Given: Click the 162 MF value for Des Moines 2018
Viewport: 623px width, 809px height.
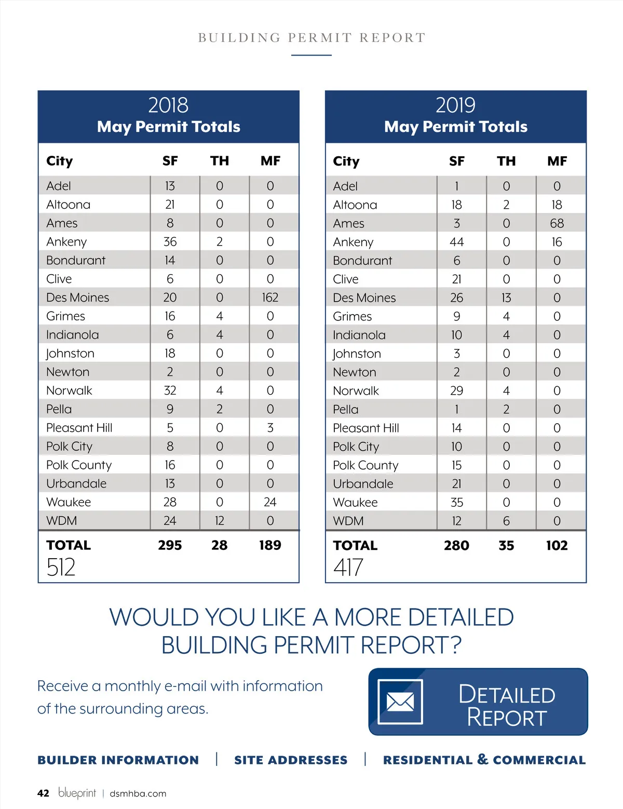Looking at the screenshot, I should tap(270, 298).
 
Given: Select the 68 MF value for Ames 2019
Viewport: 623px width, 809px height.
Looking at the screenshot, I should tap(557, 223).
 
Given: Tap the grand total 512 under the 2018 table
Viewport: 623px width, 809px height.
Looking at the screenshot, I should tap(61, 567).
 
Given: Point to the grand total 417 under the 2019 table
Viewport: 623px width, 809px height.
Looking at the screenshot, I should tap(348, 567).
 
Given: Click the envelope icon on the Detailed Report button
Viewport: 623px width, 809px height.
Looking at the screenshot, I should tap(400, 702).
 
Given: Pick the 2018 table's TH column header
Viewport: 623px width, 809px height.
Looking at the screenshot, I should tap(220, 161).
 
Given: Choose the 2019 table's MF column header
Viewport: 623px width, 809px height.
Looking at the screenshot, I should tap(557, 161).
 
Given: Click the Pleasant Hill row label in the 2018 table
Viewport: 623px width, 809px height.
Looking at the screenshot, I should tap(79, 428).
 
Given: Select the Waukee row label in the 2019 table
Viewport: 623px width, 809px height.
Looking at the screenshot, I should tap(355, 502).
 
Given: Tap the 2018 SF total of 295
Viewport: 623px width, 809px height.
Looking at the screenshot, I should tap(170, 545).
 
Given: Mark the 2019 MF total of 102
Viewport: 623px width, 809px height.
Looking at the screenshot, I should tap(557, 545).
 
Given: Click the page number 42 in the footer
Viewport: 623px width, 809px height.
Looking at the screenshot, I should tap(43, 793).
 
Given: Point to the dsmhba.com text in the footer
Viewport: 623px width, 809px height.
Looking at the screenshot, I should tap(138, 793).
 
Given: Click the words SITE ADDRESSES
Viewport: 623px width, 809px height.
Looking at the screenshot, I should tap(291, 760).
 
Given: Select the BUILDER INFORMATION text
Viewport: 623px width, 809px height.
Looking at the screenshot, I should tap(118, 760).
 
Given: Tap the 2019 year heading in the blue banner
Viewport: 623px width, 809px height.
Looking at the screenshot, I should tap(455, 105).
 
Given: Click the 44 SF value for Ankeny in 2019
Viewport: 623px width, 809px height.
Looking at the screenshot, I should tap(457, 242).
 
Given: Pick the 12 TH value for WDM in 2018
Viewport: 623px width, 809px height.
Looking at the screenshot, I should tap(220, 521).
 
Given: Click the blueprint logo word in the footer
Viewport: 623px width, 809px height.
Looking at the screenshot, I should tap(77, 792).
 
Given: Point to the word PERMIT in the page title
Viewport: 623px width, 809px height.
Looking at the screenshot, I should tap(320, 37).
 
